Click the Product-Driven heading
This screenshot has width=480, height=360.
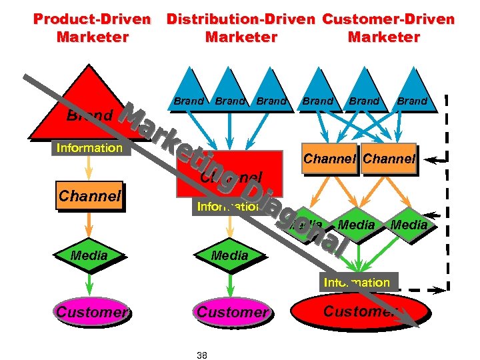92,27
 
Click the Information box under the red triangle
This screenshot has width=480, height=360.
89,148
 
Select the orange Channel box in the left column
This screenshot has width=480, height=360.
89,196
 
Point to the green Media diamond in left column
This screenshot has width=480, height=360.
89,255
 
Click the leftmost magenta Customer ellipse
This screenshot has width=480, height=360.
89,311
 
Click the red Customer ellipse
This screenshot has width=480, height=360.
360,311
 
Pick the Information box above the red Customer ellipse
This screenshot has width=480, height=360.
357,282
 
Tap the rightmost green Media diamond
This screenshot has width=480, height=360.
409,225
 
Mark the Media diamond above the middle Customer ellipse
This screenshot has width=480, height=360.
229,255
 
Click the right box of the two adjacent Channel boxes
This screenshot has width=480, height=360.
389,159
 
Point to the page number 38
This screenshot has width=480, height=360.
202,355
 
